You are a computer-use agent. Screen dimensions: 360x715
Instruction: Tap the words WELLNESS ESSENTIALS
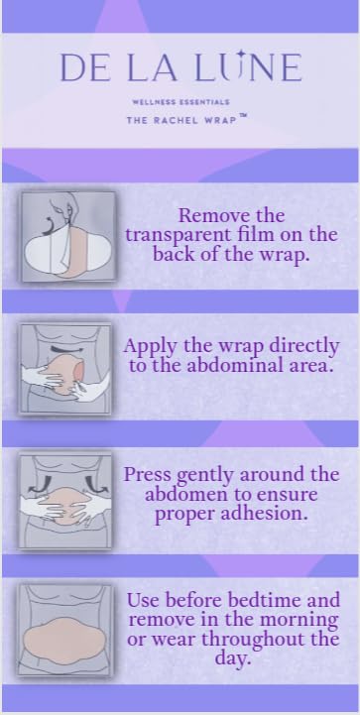click(x=180, y=102)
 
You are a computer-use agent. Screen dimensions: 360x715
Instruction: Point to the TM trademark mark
click(x=243, y=116)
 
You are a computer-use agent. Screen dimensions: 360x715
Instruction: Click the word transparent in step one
click(x=177, y=236)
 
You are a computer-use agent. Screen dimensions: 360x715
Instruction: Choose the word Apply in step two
click(x=150, y=347)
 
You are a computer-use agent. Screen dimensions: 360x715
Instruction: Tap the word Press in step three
click(x=148, y=475)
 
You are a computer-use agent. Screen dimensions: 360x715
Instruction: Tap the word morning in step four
click(x=300, y=621)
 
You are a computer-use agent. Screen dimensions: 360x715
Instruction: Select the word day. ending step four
click(x=233, y=658)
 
